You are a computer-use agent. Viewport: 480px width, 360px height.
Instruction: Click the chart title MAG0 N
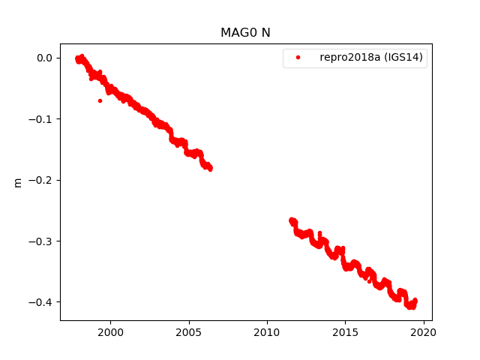pos(240,33)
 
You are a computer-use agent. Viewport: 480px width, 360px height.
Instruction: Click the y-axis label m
pos(17,182)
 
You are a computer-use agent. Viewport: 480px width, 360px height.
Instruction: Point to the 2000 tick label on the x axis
pos(110,332)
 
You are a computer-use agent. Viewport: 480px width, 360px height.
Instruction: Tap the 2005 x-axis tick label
pos(188,332)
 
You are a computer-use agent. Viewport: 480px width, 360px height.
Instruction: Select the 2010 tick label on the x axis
pos(267,332)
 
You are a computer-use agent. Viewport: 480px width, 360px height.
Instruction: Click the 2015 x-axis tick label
pos(345,332)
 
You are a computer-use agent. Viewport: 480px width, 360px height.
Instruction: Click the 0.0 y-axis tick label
pos(45,58)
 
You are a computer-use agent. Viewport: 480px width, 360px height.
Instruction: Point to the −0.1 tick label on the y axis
pos(42,119)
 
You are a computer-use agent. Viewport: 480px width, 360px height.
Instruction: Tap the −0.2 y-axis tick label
pos(42,180)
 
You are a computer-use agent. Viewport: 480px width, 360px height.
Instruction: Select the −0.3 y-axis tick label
pos(42,241)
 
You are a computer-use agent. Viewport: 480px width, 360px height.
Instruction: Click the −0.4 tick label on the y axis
pos(42,302)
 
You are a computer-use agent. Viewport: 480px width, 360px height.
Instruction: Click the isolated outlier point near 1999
pos(100,100)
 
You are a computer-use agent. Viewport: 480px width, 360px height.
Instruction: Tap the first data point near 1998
pos(77,58)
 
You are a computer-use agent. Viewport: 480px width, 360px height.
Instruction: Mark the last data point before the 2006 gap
pos(210,168)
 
